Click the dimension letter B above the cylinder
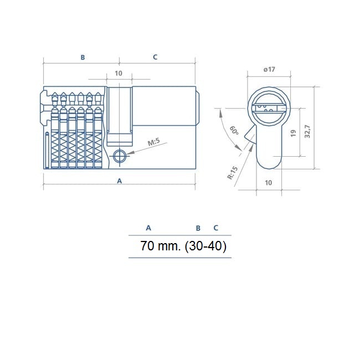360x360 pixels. (83, 57)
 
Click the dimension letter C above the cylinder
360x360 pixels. (155, 57)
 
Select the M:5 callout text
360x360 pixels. (153, 143)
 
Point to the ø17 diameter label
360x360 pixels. (269, 69)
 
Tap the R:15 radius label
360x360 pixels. (232, 173)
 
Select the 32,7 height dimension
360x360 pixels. (307, 132)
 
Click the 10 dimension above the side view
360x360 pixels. (118, 74)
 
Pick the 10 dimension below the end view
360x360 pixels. (268, 182)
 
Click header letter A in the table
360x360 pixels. (148, 228)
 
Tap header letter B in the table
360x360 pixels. (198, 228)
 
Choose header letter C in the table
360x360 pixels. (215, 228)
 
